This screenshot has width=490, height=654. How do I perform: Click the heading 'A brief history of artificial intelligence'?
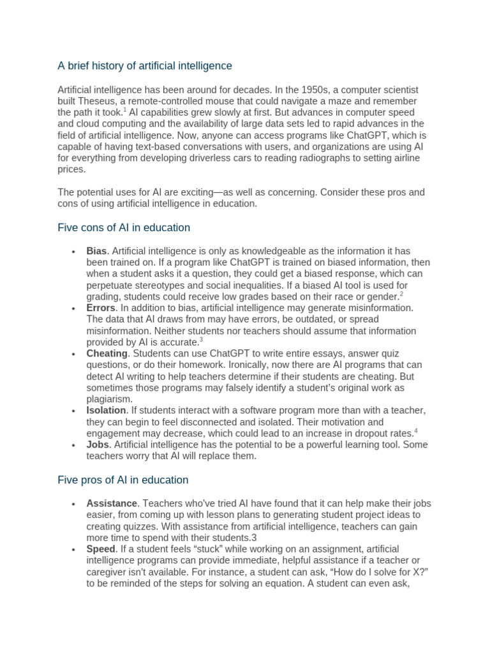click(x=145, y=66)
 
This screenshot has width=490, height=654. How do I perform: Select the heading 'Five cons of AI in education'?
click(x=124, y=227)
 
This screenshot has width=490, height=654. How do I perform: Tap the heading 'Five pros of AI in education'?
click(x=123, y=480)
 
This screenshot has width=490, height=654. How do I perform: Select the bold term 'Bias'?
click(x=97, y=251)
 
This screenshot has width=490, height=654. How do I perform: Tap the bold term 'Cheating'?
click(x=107, y=353)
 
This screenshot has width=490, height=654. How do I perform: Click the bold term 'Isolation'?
click(x=107, y=410)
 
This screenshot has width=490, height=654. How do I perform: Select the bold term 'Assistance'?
click(x=112, y=503)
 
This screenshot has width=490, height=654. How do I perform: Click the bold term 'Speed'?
click(x=101, y=549)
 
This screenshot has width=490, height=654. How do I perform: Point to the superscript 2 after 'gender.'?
click(x=401, y=294)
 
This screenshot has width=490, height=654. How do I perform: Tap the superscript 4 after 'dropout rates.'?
click(x=415, y=431)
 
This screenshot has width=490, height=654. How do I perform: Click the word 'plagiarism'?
click(x=108, y=399)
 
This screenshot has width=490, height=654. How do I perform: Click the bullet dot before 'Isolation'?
click(x=75, y=411)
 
